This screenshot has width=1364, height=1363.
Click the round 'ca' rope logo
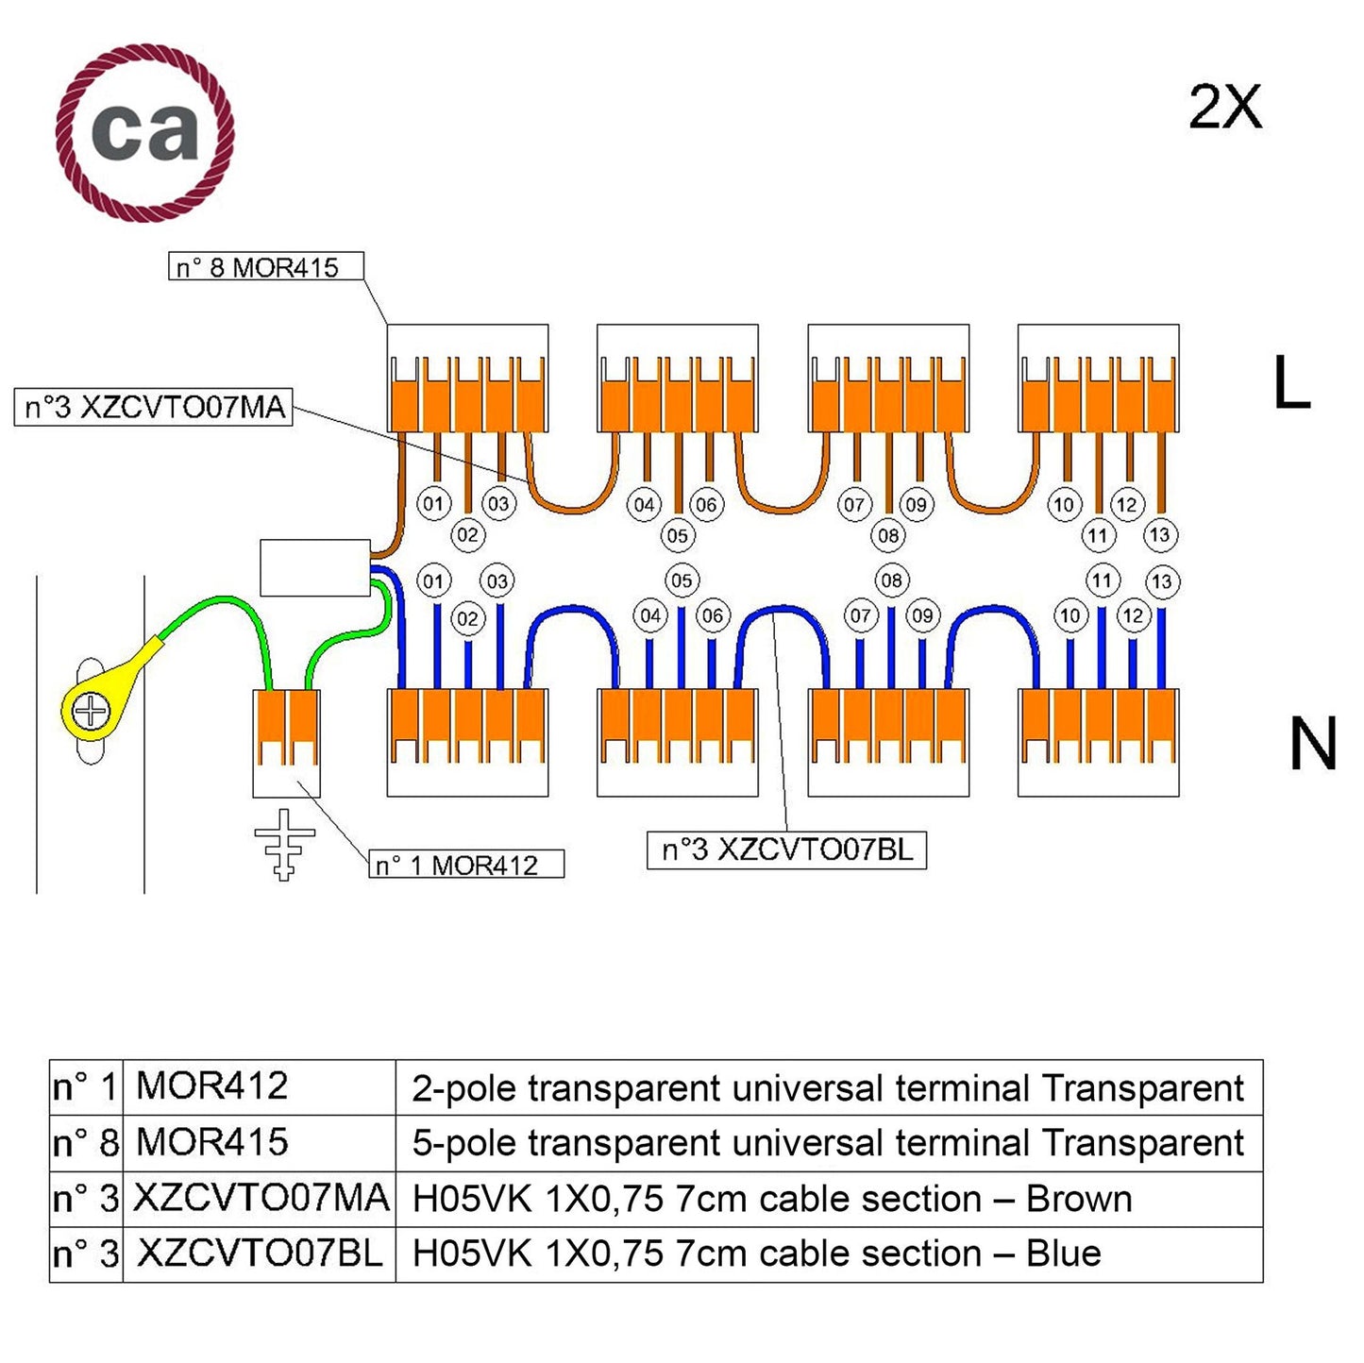[x=144, y=132]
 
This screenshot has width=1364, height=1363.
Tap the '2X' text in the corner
[x=1224, y=108]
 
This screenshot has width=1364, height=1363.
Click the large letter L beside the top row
[x=1290, y=383]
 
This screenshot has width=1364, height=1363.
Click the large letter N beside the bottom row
[x=1312, y=745]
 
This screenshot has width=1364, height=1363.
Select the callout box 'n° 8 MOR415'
[x=265, y=267]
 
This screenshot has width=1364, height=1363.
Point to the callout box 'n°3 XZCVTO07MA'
[x=153, y=408]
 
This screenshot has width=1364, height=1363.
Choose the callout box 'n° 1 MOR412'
[x=465, y=865]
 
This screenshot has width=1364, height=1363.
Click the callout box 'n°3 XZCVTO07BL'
[x=786, y=850]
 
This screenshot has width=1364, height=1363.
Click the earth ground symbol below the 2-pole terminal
[x=284, y=843]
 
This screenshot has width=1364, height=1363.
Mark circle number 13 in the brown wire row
[x=1159, y=535]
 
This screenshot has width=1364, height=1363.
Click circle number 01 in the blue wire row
[x=433, y=581]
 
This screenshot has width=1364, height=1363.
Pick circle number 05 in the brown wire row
[x=677, y=536]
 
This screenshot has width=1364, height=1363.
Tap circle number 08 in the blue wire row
[x=891, y=581]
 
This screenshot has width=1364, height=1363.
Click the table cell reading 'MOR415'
[x=212, y=1143]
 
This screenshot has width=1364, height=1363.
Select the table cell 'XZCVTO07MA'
[x=261, y=1199]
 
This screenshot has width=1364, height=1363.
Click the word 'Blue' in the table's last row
[x=1063, y=1254]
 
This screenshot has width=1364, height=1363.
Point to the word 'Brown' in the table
[x=1078, y=1199]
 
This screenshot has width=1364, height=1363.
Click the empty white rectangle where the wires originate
[x=314, y=567]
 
